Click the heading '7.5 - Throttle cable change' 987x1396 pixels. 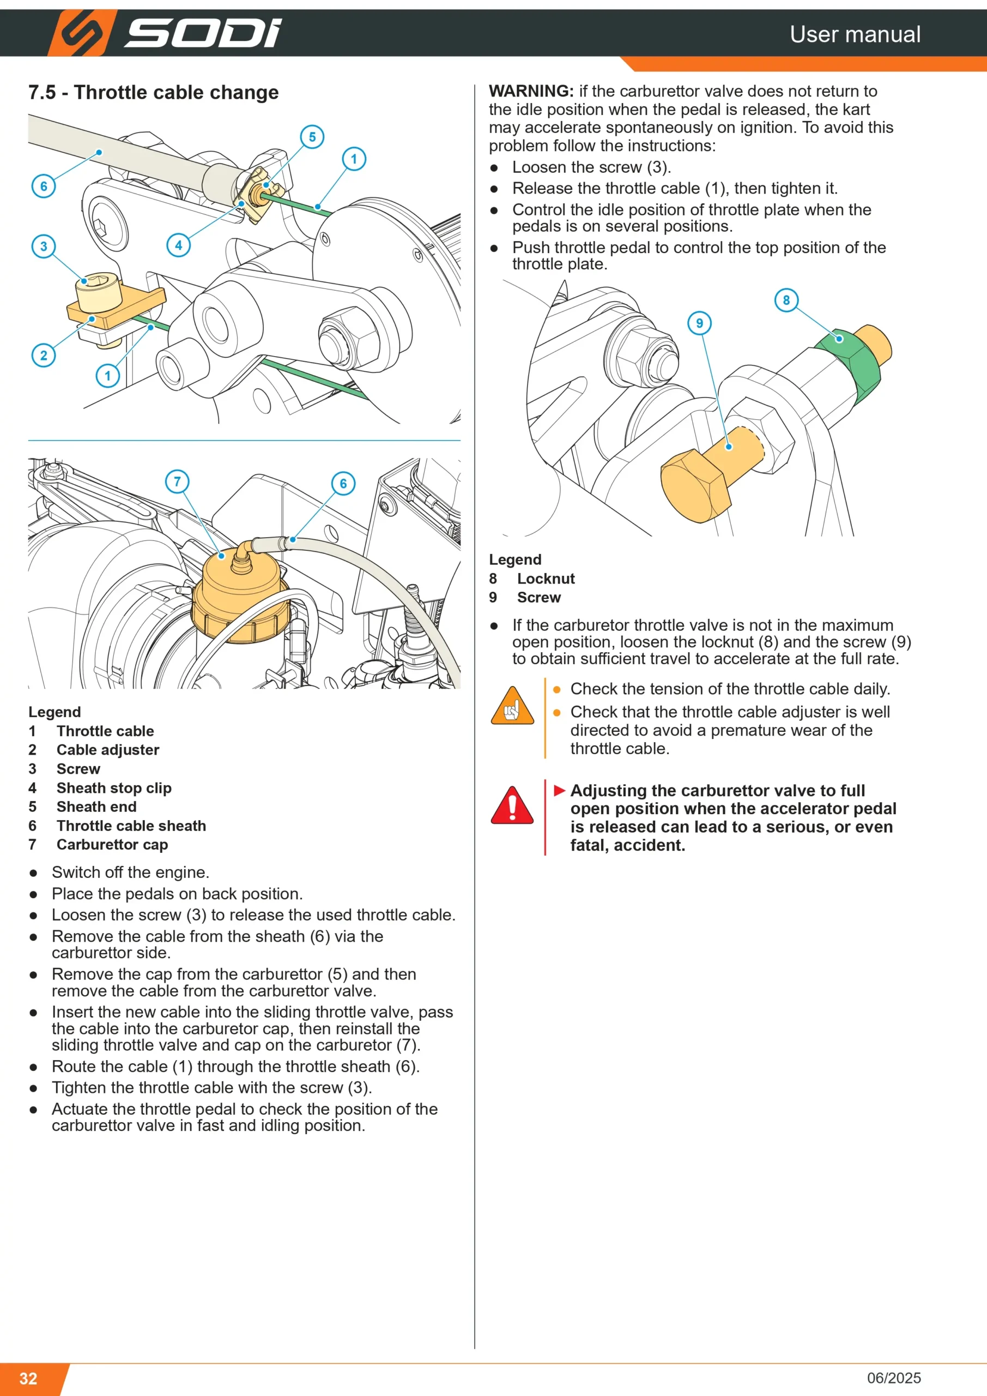[x=154, y=92]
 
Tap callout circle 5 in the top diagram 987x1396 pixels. [x=312, y=137]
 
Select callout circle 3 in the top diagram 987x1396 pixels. [x=44, y=246]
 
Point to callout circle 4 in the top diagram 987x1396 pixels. [x=179, y=245]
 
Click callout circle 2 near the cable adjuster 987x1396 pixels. [x=44, y=355]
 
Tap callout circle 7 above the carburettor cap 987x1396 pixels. [x=178, y=482]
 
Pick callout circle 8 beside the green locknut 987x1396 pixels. [x=786, y=300]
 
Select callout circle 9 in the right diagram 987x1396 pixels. [x=700, y=323]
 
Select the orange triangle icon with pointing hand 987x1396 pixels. [x=512, y=705]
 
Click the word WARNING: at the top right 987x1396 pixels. [x=531, y=91]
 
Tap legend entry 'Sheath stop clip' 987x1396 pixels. [x=114, y=788]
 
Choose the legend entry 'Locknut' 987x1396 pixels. [x=546, y=579]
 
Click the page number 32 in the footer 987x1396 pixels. [x=28, y=1379]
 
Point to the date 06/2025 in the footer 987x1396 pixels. [x=894, y=1378]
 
